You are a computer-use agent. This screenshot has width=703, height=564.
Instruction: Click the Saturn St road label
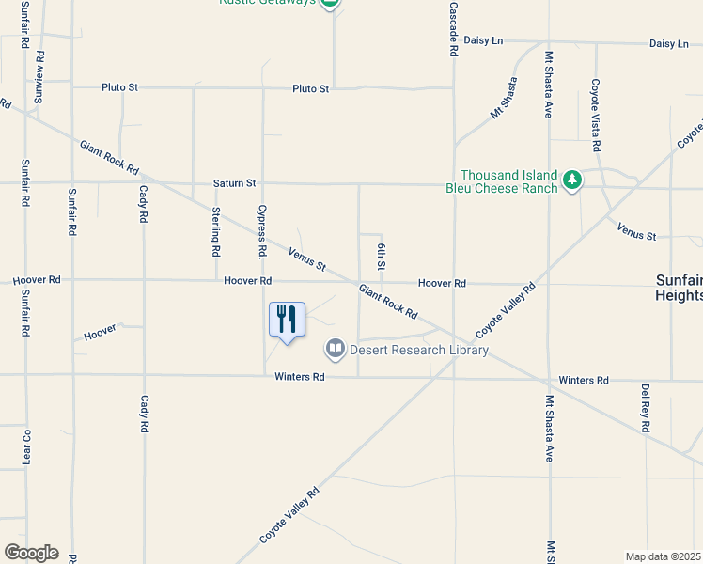(234, 183)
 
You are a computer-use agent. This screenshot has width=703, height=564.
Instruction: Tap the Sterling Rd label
(215, 231)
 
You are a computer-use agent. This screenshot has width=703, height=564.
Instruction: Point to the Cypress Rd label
(262, 232)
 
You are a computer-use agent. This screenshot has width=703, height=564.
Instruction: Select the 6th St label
(382, 256)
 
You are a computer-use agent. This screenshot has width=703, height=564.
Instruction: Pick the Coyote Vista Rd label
(595, 116)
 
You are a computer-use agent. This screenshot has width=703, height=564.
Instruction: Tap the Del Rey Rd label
(645, 407)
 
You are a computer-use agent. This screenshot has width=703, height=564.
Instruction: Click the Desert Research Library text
(419, 351)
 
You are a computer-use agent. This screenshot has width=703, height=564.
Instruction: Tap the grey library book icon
(334, 350)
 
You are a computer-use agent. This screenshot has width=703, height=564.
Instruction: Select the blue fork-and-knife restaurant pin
(287, 319)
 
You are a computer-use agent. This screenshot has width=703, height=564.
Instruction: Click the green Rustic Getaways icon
(329, 3)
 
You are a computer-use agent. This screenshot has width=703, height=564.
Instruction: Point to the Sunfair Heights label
(679, 288)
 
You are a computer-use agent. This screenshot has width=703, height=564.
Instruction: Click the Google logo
(31, 553)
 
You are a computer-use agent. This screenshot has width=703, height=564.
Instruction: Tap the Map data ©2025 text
(663, 556)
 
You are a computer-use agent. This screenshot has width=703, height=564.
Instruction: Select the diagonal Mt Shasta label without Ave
(504, 99)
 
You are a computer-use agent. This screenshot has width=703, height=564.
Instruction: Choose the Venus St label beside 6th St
(306, 259)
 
